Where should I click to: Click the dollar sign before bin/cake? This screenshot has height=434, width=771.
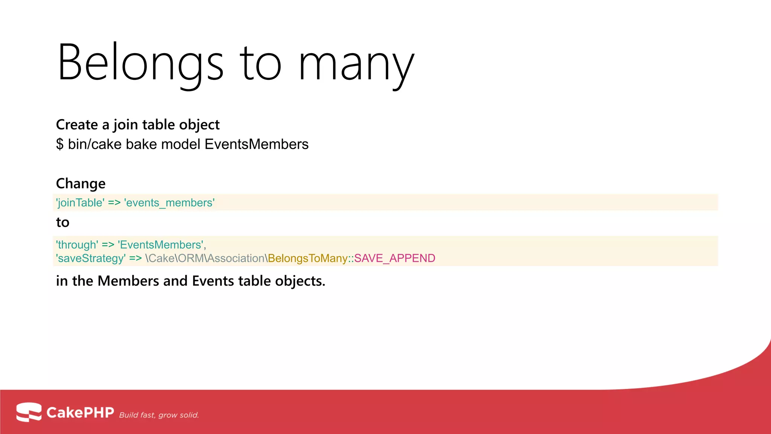60,144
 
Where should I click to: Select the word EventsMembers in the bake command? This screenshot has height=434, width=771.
256,144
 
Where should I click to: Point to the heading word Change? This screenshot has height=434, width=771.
81,183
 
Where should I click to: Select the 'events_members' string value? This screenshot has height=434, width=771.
169,203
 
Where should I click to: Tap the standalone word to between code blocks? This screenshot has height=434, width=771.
62,222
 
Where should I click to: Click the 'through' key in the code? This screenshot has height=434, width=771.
77,245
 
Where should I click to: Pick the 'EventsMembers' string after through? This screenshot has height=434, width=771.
161,245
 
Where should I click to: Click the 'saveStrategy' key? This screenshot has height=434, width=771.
91,258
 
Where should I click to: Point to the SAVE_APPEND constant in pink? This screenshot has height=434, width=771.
395,258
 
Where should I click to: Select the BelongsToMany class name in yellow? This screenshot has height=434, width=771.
308,258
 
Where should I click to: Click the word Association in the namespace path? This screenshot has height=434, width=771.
236,258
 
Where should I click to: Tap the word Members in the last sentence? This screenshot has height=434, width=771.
128,281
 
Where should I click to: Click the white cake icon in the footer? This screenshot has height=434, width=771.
29,412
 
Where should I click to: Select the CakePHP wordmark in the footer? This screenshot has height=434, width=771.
80,413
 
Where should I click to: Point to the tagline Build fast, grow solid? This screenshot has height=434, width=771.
159,415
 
